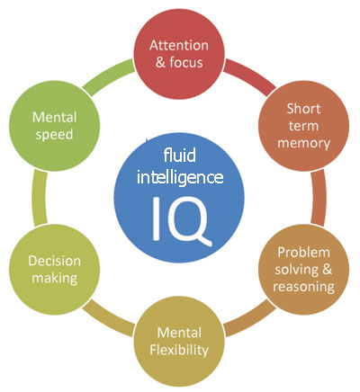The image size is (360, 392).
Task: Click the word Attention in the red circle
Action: point(179,45)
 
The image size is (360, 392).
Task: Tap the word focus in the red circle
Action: point(186,62)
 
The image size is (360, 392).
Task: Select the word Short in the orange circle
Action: point(303,109)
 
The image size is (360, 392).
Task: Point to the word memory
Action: point(303,143)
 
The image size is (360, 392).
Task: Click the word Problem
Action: point(303,253)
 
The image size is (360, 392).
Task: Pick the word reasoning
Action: point(303,287)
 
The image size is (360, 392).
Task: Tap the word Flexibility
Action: point(179,350)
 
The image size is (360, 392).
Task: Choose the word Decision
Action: point(54,261)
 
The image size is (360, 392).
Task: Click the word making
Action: point(55,279)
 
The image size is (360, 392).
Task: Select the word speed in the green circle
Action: point(54,135)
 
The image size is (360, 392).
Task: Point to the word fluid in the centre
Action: point(180,156)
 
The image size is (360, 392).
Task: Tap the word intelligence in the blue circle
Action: point(180,177)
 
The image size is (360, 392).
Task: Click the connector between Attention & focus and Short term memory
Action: point(249,74)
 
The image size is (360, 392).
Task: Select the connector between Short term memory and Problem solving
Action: point(319,198)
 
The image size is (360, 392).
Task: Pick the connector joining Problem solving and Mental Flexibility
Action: point(250,319)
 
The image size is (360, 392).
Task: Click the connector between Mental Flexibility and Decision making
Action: point(108,319)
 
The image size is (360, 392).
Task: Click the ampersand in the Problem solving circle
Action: point(328,270)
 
